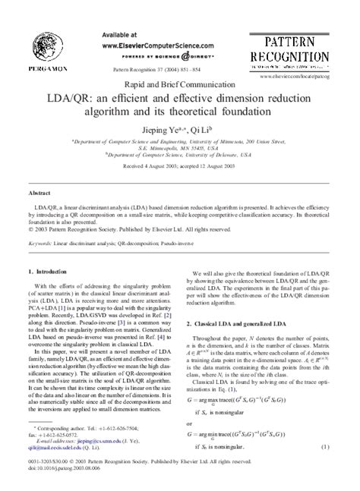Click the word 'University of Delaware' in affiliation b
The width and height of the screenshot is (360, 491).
[x=197, y=157]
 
